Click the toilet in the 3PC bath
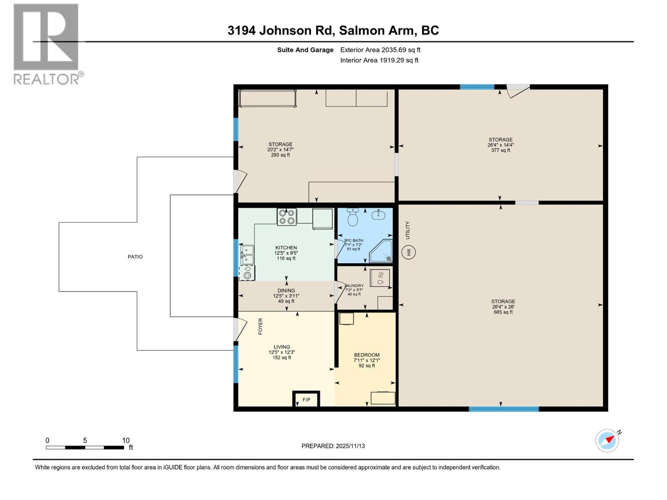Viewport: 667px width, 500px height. tap(353, 217)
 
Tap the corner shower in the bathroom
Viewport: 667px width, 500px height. tap(381, 251)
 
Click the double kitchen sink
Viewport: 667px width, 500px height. tap(246, 255)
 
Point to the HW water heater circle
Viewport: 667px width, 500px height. tap(409, 252)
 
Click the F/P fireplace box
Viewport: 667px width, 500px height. tap(306, 400)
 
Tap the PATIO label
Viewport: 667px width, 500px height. tap(135, 257)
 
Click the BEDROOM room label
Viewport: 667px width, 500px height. tap(367, 355)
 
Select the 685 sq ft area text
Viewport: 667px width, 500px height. tap(503, 312)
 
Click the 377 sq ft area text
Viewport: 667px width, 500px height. tap(501, 150)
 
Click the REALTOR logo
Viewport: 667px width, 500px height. tap(46, 44)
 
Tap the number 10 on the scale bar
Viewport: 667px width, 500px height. tap(126, 440)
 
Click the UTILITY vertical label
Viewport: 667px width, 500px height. tap(408, 230)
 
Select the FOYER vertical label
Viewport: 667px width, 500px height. tap(261, 326)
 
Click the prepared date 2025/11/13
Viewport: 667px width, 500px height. tap(350, 446)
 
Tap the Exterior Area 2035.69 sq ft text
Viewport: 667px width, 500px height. tap(380, 50)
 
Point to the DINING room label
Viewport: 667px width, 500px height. tap(286, 290)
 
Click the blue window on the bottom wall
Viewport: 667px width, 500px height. tap(504, 409)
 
